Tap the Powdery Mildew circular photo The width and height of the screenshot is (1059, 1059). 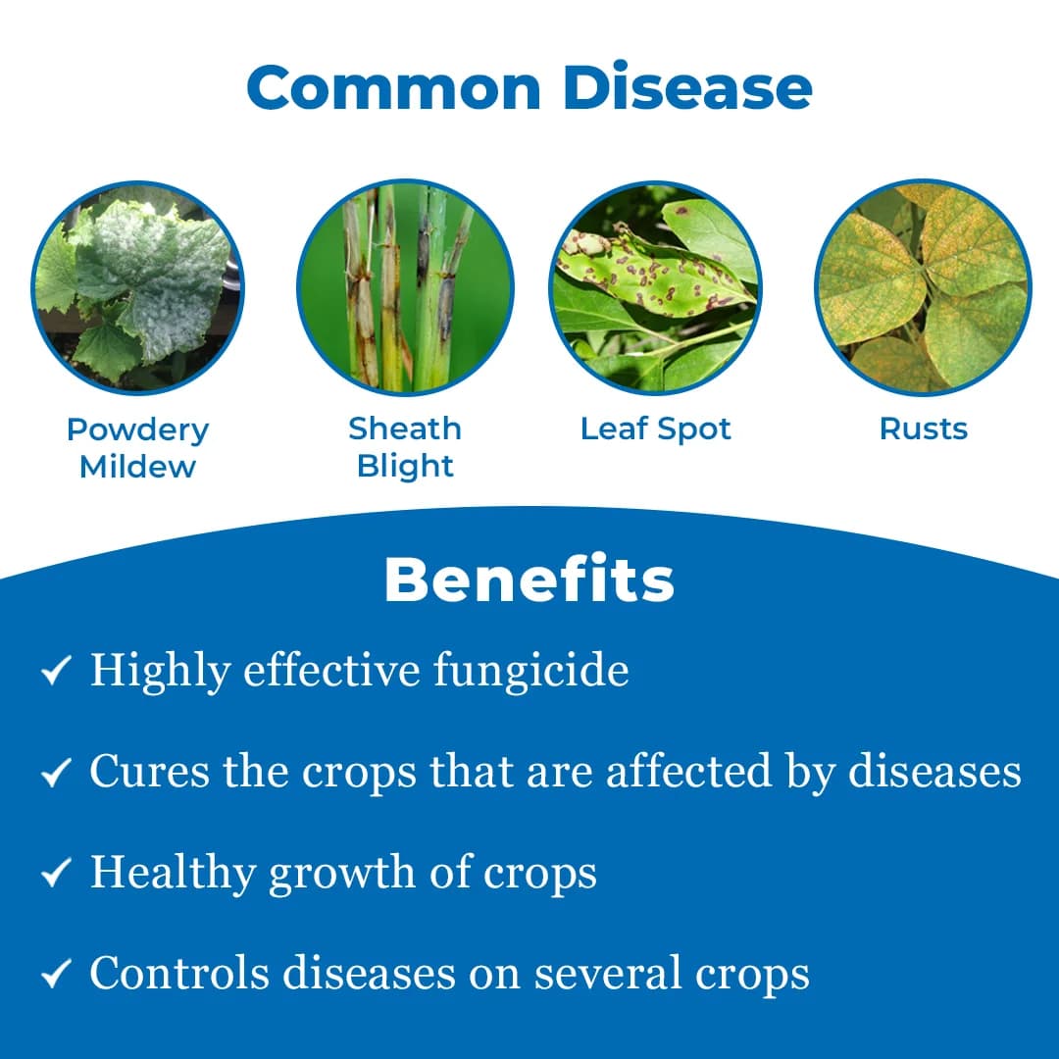click(x=138, y=288)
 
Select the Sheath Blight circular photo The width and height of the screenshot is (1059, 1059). click(x=405, y=288)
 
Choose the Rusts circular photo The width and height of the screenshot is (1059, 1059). click(x=923, y=288)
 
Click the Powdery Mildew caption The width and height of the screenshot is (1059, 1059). click(x=138, y=448)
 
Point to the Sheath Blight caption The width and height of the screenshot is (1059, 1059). click(x=405, y=446)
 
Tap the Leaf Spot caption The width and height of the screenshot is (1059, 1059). click(x=656, y=429)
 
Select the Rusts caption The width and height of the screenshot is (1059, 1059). click(x=923, y=429)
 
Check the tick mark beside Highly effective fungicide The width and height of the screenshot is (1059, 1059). click(x=55, y=672)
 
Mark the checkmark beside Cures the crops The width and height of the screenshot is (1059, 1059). click(x=55, y=774)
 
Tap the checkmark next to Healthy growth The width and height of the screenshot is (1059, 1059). click(x=55, y=874)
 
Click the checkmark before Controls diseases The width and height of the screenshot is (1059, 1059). click(x=55, y=975)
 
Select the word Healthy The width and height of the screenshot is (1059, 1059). click(x=173, y=874)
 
